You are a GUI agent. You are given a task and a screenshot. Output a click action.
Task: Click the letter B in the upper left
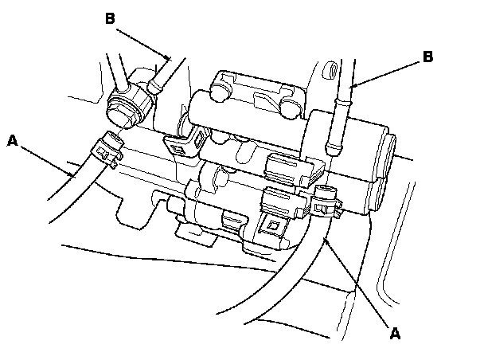[x=110, y=18]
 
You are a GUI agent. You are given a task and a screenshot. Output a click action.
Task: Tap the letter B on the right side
[x=427, y=57]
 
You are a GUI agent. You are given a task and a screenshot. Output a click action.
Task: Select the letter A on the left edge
[x=12, y=141]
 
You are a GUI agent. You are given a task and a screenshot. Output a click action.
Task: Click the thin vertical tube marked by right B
[x=339, y=127]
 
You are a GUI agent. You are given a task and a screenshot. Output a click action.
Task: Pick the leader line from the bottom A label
[x=362, y=286]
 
